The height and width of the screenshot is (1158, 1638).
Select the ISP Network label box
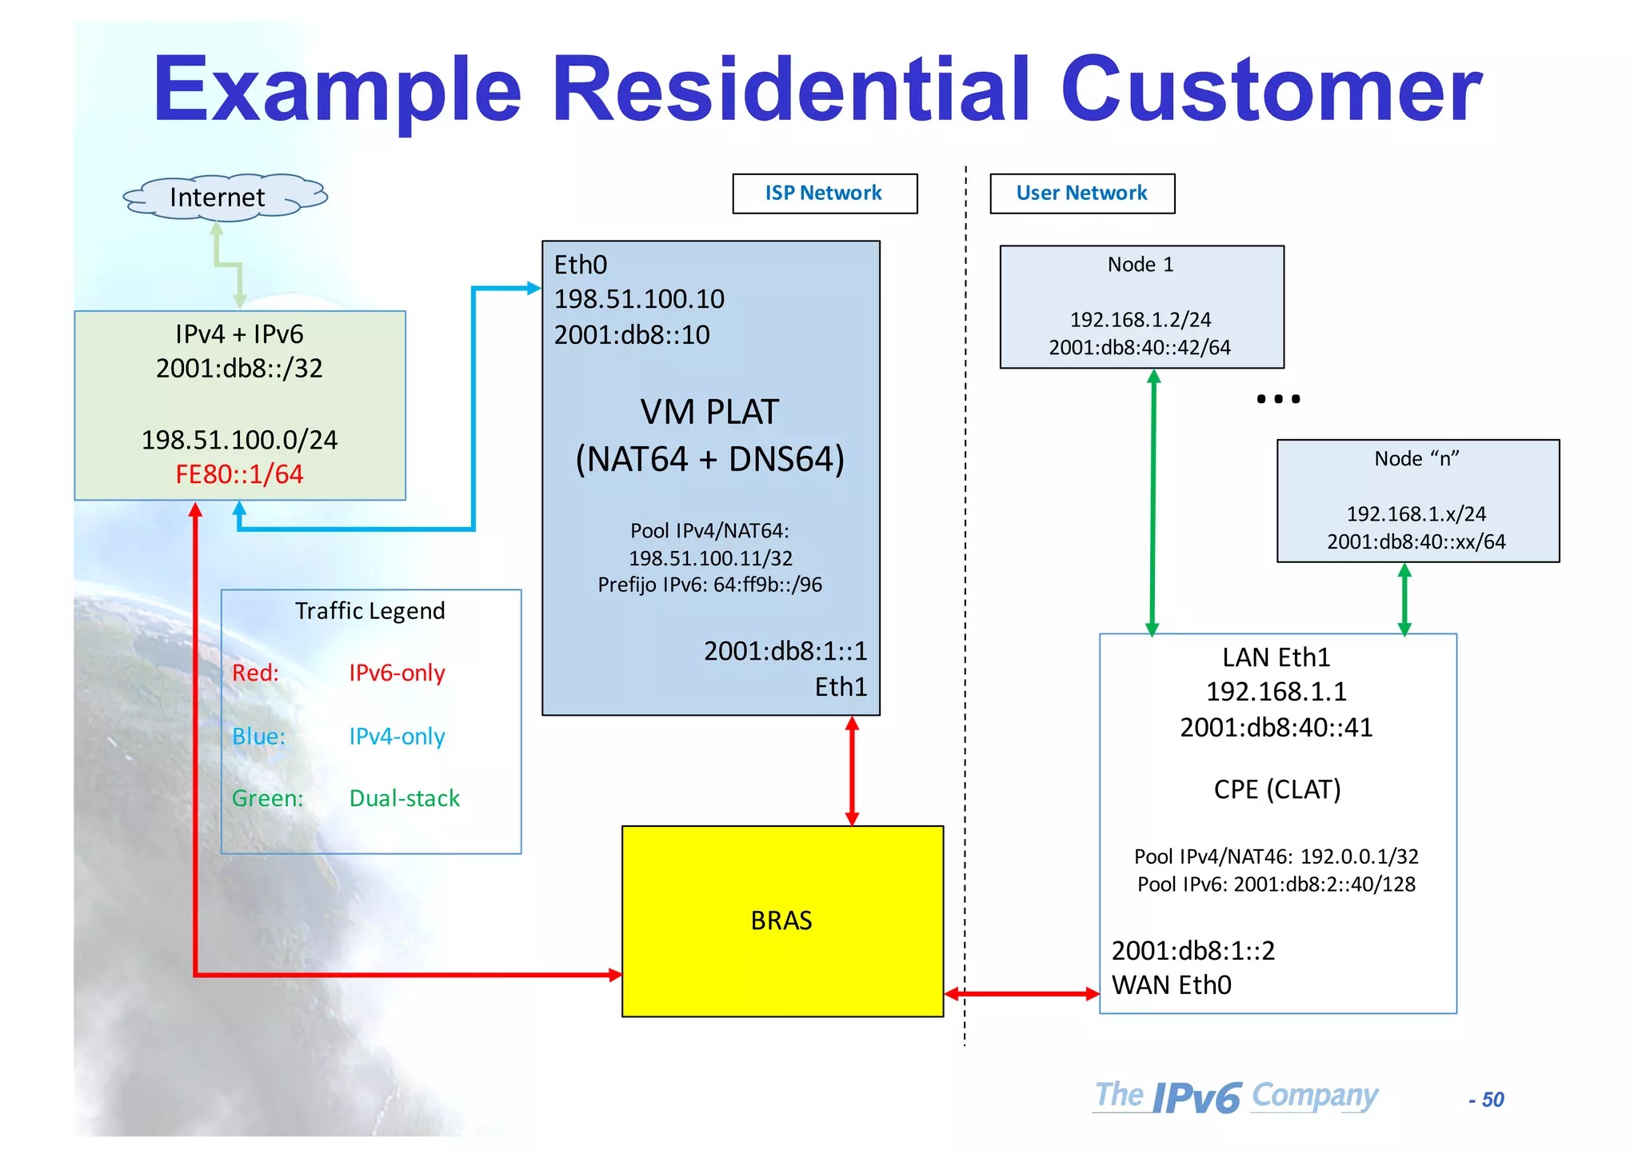[824, 194]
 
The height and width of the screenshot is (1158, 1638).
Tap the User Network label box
[1081, 194]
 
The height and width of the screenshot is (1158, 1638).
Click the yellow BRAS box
[781, 920]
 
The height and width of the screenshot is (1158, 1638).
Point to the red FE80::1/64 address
[239, 474]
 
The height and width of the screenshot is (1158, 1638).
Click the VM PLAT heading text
[709, 413]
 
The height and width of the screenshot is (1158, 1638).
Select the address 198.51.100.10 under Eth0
[639, 299]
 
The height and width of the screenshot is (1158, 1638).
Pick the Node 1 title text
[1141, 265]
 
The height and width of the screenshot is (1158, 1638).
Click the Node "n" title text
[1416, 459]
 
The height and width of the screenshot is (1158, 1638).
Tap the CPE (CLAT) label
[1276, 789]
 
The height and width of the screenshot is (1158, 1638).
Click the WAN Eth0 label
[1172, 985]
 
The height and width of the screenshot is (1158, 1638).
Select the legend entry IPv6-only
[397, 673]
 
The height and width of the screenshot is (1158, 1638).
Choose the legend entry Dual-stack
[404, 798]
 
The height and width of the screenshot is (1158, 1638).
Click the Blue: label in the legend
[258, 736]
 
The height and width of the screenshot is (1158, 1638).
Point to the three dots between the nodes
[1278, 399]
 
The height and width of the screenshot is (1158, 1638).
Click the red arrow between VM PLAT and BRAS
[852, 770]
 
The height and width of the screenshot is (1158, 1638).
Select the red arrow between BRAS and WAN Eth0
[1021, 994]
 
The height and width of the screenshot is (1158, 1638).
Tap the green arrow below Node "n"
[1404, 599]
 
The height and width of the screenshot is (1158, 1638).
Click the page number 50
[1492, 1100]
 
